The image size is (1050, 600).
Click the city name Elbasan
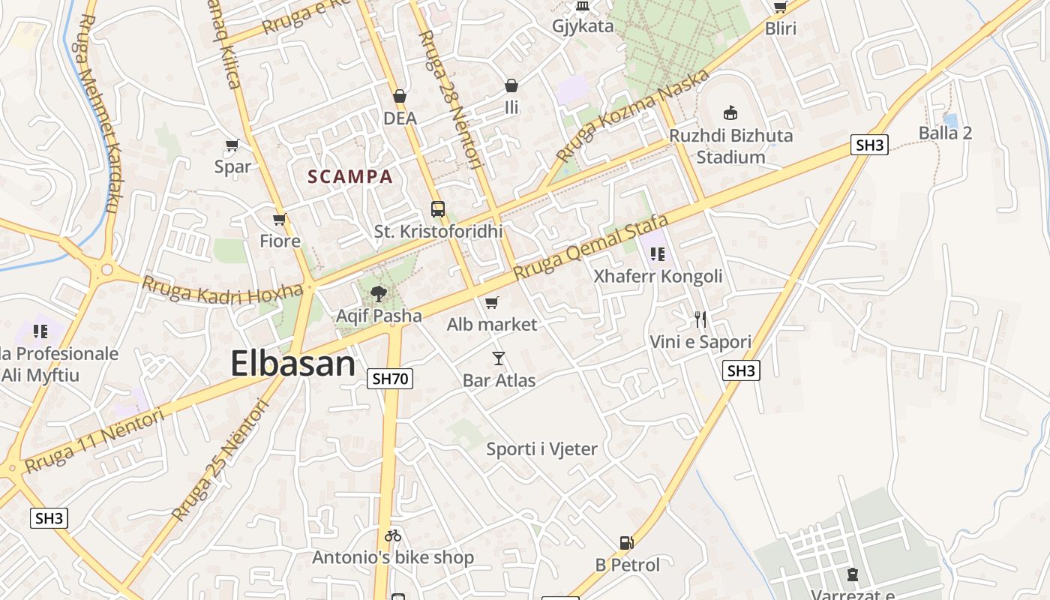coord(292,364)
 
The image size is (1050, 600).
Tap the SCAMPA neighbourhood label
coord(350,177)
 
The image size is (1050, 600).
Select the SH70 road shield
coord(391,379)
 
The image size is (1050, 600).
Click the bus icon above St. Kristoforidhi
coord(438,209)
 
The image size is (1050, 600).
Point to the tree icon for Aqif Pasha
coord(379,294)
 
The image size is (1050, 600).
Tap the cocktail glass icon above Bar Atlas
coord(499,358)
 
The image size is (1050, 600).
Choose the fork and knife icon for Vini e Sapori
coord(700,319)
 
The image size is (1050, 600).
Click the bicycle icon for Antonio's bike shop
coord(393,535)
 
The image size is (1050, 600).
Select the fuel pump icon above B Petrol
coord(626,542)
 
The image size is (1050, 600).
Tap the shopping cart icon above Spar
coord(232,145)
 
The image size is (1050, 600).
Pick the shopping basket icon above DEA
coord(400,96)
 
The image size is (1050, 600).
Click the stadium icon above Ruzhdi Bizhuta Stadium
coord(730,113)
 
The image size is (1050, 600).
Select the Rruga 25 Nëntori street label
coord(220,460)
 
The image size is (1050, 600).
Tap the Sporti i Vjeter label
coord(541,449)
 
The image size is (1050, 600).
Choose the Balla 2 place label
coord(945,133)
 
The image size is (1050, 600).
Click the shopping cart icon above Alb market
coord(492,303)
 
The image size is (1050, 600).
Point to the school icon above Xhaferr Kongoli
coord(658,254)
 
